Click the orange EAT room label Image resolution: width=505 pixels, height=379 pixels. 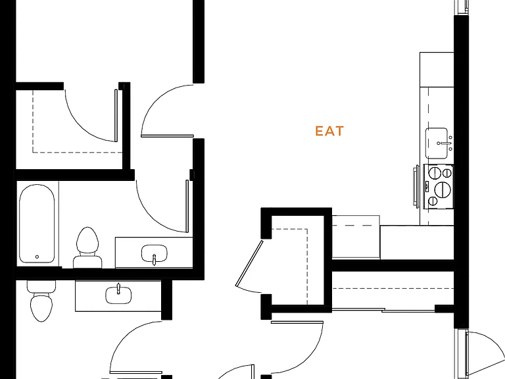pos(329,131)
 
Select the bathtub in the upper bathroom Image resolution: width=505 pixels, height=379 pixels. pos(37,224)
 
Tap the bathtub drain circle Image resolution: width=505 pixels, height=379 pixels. pos(37,257)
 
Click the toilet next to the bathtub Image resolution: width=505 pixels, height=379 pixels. pos(87,247)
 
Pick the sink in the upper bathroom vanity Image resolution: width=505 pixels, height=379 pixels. pos(155,253)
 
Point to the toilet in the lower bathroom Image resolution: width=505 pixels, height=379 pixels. pos(41,301)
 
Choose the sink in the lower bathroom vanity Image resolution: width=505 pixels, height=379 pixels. pos(118,295)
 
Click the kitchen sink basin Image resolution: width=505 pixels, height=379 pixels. pos(437,143)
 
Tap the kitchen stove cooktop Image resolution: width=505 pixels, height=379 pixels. pos(439,186)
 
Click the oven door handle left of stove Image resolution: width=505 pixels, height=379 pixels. pos(416,186)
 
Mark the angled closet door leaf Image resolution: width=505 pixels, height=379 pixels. pos(249,263)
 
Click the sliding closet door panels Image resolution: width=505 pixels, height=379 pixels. pos(383,310)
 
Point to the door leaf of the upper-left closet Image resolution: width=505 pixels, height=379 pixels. pos(116,115)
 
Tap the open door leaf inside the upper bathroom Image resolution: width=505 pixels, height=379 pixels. pos(187,206)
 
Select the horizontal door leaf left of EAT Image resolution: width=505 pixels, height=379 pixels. pos(167,136)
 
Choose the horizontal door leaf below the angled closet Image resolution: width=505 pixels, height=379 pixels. pos(297,322)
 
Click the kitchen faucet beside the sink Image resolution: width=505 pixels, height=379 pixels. pos(446,143)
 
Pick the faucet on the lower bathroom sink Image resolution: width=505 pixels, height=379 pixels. pos(118,288)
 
